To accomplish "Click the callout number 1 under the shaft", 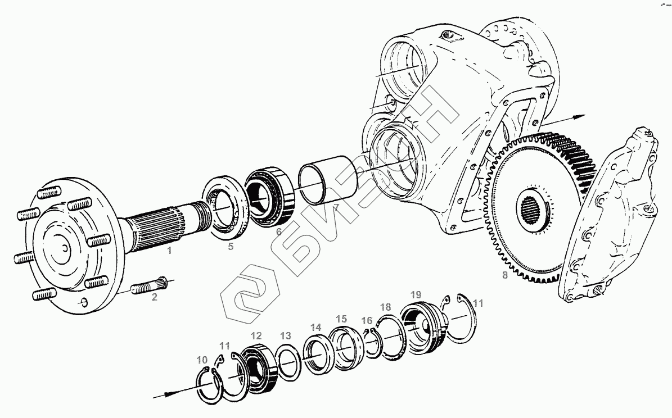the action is click(169, 251).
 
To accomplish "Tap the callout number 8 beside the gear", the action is click(504, 275).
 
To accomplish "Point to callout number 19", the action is click(416, 294).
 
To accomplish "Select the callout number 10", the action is click(202, 360).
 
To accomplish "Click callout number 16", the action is click(367, 320).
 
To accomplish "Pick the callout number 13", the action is click(286, 336).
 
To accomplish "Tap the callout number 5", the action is click(231, 246).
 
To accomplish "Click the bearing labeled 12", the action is click(256, 365).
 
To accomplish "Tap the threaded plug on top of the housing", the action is click(448, 35).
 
